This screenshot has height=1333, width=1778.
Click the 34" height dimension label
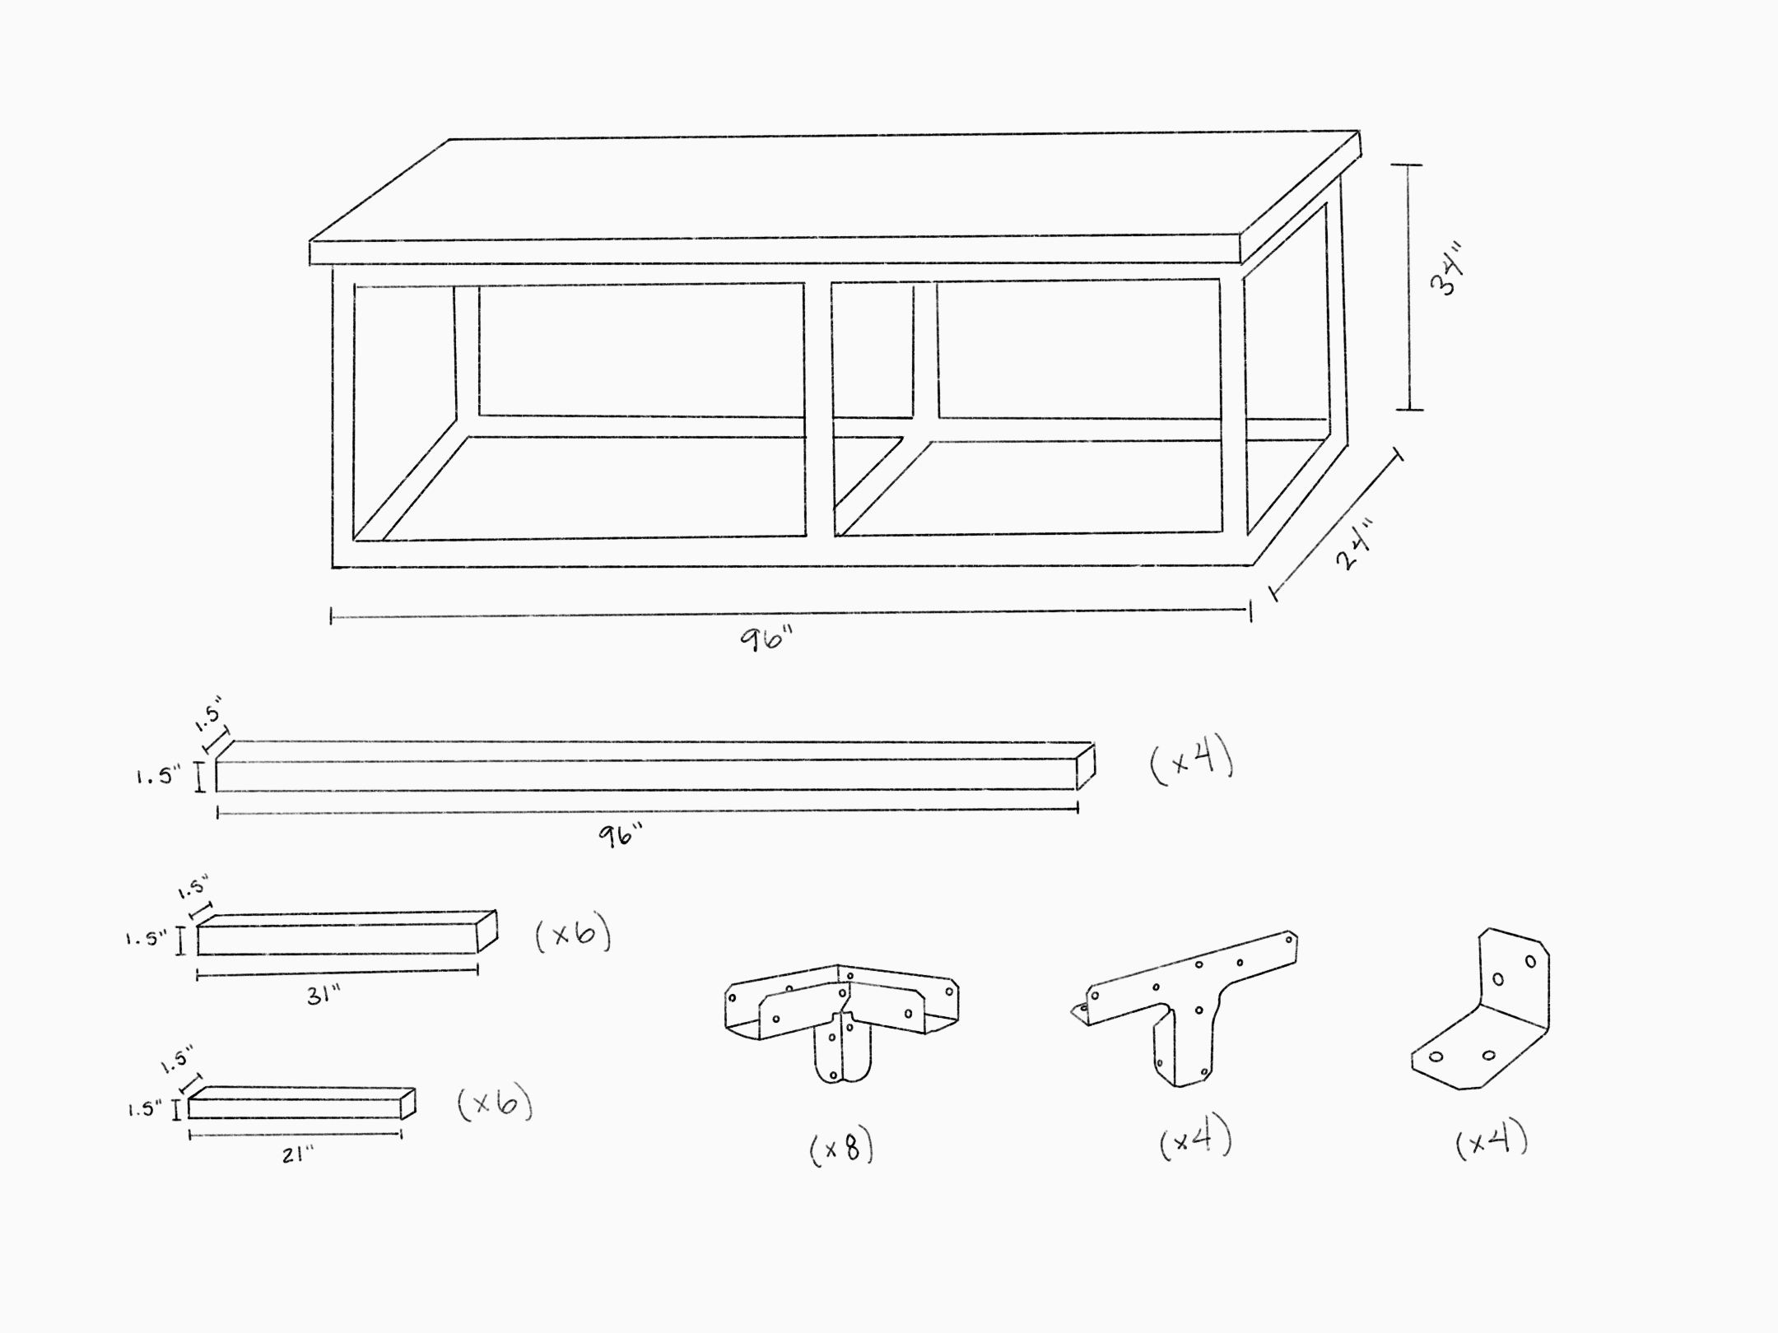[1446, 269]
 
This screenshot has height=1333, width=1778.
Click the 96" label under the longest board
[620, 836]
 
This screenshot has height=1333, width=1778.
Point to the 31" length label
[323, 996]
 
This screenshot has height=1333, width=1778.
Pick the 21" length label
[297, 1155]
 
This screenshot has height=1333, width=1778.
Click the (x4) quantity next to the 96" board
[1191, 763]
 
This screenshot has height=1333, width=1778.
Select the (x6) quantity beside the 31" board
[573, 936]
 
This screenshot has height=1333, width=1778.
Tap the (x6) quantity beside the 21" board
[495, 1104]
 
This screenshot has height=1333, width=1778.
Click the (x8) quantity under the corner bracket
[841, 1149]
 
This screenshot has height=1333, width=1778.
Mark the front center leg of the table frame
[818, 411]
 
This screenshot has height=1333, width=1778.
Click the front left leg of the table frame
[343, 411]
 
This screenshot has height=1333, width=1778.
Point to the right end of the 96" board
[1086, 767]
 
